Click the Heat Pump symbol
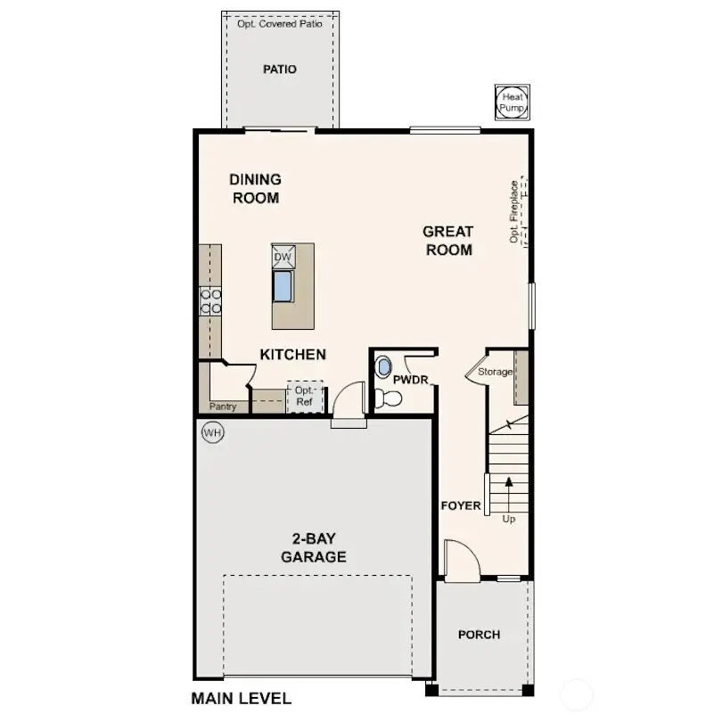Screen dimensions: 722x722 click(513, 103)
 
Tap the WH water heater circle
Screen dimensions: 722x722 click(212, 433)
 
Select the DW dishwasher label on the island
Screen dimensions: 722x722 click(283, 258)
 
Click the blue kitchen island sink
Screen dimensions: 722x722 click(283, 285)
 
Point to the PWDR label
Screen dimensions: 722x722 click(411, 380)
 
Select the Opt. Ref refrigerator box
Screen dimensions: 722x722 click(305, 397)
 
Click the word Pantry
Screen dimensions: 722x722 click(223, 406)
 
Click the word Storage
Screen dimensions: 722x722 click(495, 372)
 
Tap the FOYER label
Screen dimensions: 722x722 click(461, 506)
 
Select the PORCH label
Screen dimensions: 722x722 click(479, 635)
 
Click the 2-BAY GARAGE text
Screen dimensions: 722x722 click(314, 549)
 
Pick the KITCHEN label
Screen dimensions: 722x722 click(292, 355)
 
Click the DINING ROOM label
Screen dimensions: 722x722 click(256, 189)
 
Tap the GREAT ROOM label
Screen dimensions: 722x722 click(448, 241)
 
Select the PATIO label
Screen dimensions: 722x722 click(280, 70)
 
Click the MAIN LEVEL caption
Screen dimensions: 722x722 click(241, 698)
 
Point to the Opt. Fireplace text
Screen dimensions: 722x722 click(514, 212)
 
